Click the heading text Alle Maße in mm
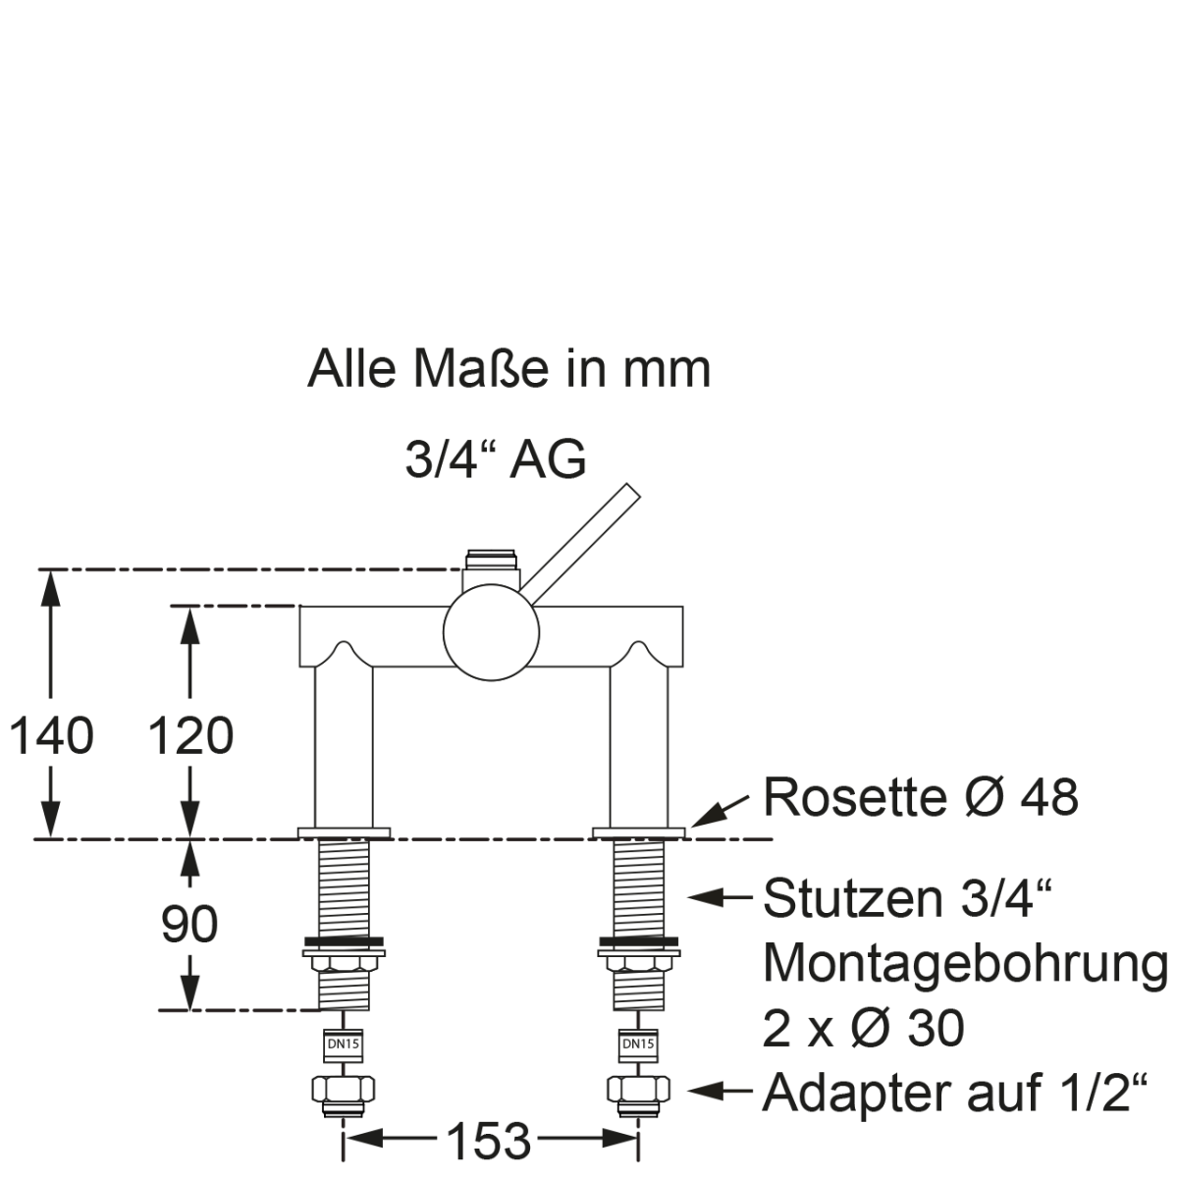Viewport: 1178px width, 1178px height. coord(509,370)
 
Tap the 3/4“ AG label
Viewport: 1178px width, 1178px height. coord(496,459)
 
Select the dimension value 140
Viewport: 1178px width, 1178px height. coord(51,735)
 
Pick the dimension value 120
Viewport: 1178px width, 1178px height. coord(190,735)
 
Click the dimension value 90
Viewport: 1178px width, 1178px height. coord(188,924)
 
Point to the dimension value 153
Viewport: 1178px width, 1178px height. coord(488,1142)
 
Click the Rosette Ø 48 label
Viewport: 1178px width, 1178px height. coord(921,797)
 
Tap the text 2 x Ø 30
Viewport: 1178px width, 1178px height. coord(863,1028)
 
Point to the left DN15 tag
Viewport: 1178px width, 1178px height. coord(343,1044)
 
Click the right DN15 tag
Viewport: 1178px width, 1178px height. coord(638,1044)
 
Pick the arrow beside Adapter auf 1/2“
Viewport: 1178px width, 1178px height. coord(722,1091)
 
